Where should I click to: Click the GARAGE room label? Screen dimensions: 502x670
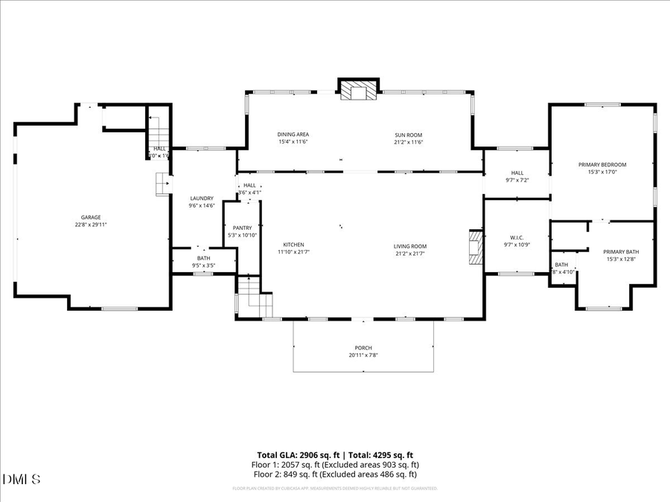point(91,217)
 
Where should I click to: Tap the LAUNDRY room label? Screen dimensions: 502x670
point(202,198)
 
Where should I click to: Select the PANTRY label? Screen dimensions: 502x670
point(242,228)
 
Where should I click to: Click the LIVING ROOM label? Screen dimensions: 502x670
point(410,245)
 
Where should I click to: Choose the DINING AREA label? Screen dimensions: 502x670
point(293,135)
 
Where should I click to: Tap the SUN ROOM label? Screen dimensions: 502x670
point(409,135)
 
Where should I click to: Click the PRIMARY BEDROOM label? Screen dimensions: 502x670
point(602,164)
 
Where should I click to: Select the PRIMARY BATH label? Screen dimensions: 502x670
point(620,251)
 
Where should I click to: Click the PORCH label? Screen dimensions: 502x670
point(363,347)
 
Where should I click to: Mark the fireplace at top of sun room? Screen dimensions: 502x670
point(359,91)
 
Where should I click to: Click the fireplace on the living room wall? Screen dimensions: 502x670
point(475,248)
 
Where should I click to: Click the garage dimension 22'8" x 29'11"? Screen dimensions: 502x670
point(91,225)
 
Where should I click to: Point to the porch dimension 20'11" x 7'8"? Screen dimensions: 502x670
point(363,355)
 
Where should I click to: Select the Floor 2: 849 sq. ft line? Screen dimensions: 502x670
point(334,474)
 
